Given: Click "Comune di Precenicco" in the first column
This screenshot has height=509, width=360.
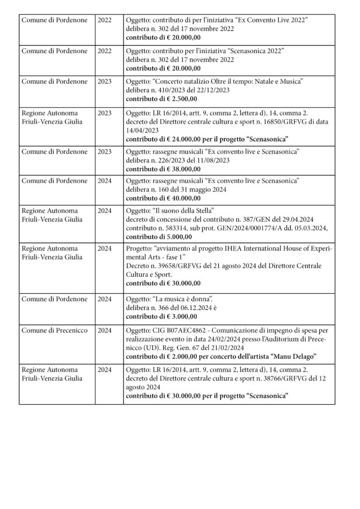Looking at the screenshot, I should pos(53,329).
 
